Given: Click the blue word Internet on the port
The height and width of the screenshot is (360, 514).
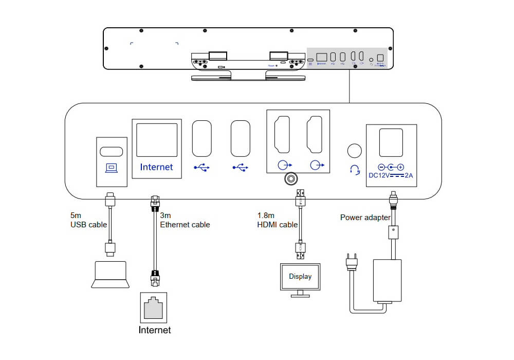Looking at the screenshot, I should tap(157, 167).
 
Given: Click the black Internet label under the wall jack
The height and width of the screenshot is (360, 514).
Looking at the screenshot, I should tap(155, 330).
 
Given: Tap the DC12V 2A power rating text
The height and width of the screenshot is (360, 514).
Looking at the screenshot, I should tap(391, 175).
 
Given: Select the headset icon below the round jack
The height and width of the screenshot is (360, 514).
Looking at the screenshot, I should tap(354, 170).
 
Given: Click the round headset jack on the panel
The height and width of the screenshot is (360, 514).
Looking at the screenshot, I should tap(354, 151).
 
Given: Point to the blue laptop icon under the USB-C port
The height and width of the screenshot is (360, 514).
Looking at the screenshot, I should tap(112, 168).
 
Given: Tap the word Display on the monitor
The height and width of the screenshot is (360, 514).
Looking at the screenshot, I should tap(300, 277).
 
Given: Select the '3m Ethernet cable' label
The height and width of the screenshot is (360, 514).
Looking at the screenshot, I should tap(185, 221).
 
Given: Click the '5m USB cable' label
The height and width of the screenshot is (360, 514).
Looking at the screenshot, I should tap(88, 221).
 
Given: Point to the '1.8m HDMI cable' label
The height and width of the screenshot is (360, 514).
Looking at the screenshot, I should tap(278, 220).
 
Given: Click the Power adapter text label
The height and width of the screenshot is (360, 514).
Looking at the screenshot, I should tap(365, 218).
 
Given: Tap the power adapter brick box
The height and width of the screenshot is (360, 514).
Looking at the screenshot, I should tap(387, 280).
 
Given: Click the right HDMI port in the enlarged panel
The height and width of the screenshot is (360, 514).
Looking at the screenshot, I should tap(315, 136).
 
